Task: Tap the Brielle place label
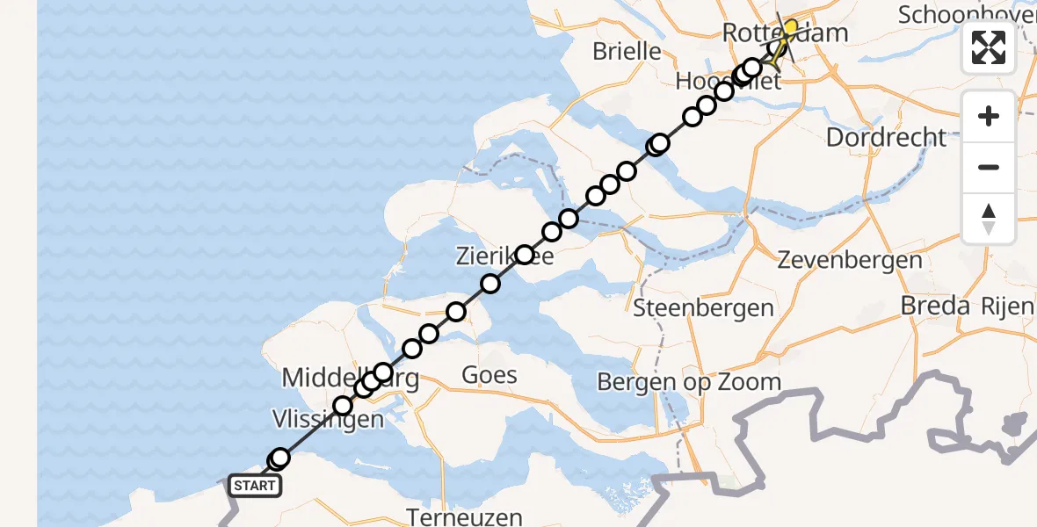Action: point(627,51)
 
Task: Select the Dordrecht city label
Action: point(887,138)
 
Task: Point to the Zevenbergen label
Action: point(850,260)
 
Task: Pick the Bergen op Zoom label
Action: point(688,382)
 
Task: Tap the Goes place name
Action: point(489,375)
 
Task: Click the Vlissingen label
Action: point(328,419)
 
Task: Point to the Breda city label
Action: point(935,306)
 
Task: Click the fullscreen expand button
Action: point(989,47)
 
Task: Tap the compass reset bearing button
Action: point(989,219)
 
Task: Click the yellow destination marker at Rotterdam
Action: point(790,28)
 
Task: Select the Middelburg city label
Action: point(350,379)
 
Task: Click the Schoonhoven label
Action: point(967,14)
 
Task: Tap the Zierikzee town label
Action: point(504,257)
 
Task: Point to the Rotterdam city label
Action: point(785,33)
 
